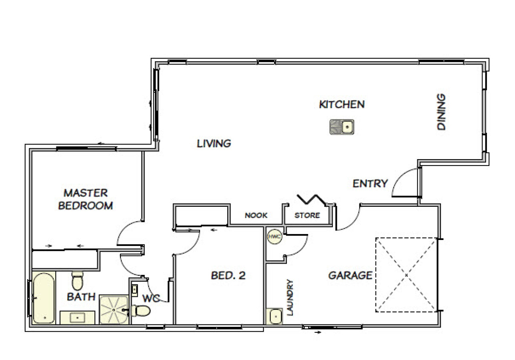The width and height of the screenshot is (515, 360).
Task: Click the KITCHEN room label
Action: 341,104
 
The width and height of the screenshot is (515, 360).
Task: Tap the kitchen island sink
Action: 342,127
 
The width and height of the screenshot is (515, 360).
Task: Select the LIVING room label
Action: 214,143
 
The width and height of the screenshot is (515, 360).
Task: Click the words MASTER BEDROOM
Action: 86,199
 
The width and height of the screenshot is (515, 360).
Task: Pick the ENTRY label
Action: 370,184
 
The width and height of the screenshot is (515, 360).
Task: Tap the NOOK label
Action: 256,215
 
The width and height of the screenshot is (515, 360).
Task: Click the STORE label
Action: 307,215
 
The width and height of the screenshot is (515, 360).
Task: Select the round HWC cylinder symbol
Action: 275,236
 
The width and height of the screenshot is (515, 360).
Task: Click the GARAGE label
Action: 351,275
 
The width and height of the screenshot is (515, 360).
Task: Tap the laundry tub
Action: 275,316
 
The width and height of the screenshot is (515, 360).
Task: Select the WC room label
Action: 152,298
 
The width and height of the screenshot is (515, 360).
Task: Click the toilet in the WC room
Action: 140,310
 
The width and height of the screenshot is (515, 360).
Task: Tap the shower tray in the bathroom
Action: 114,310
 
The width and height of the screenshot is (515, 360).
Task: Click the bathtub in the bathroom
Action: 44,298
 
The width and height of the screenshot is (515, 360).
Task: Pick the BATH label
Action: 81,297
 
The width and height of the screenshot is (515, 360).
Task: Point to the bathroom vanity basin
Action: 78,318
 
